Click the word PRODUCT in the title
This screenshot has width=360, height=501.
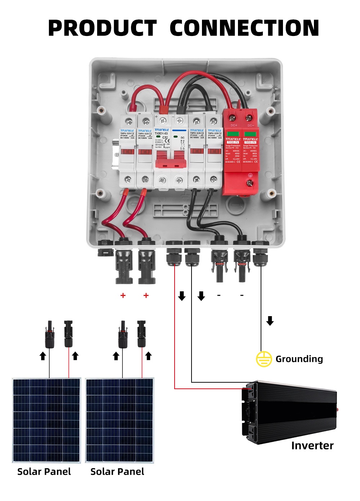pos(102,28)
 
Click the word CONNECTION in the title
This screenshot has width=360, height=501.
pos(244,28)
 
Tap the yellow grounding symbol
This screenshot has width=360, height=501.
pos(264,359)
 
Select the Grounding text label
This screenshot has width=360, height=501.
pos(299,359)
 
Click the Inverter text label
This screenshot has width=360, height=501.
pos(312,446)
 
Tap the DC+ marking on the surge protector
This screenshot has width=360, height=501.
pos(234,125)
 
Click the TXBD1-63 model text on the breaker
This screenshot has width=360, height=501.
pos(161,133)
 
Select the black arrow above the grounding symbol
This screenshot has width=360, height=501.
pos(270,320)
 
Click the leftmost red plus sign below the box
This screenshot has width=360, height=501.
pos(123,296)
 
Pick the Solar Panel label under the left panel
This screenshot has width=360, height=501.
pos(44,472)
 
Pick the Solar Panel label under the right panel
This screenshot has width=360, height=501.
pos(117,472)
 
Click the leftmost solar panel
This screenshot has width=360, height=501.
pos(46,420)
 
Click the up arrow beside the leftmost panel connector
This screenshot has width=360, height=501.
pos(43,356)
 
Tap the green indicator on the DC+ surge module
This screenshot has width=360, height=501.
pos(233,134)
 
